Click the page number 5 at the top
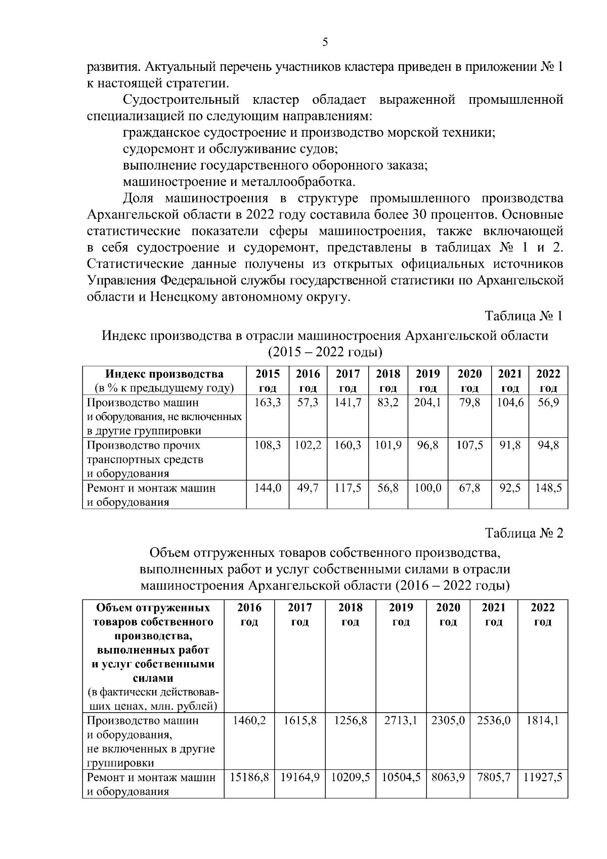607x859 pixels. click(x=325, y=42)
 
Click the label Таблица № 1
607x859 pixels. click(x=524, y=316)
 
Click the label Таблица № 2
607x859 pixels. click(x=524, y=534)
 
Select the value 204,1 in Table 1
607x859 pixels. click(x=427, y=403)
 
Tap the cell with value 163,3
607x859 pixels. click(x=268, y=403)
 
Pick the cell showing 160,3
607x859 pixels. click(x=348, y=445)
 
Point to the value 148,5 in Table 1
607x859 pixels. click(x=548, y=488)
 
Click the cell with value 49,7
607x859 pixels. click(x=308, y=488)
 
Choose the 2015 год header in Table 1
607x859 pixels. click(x=268, y=381)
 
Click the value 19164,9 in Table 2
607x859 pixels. click(x=299, y=778)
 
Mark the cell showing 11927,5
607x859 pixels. click(x=542, y=778)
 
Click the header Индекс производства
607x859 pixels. click(x=164, y=375)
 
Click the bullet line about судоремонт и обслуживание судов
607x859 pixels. click(x=230, y=149)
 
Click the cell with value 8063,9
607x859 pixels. click(x=448, y=778)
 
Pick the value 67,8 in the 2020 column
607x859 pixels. click(x=469, y=488)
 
